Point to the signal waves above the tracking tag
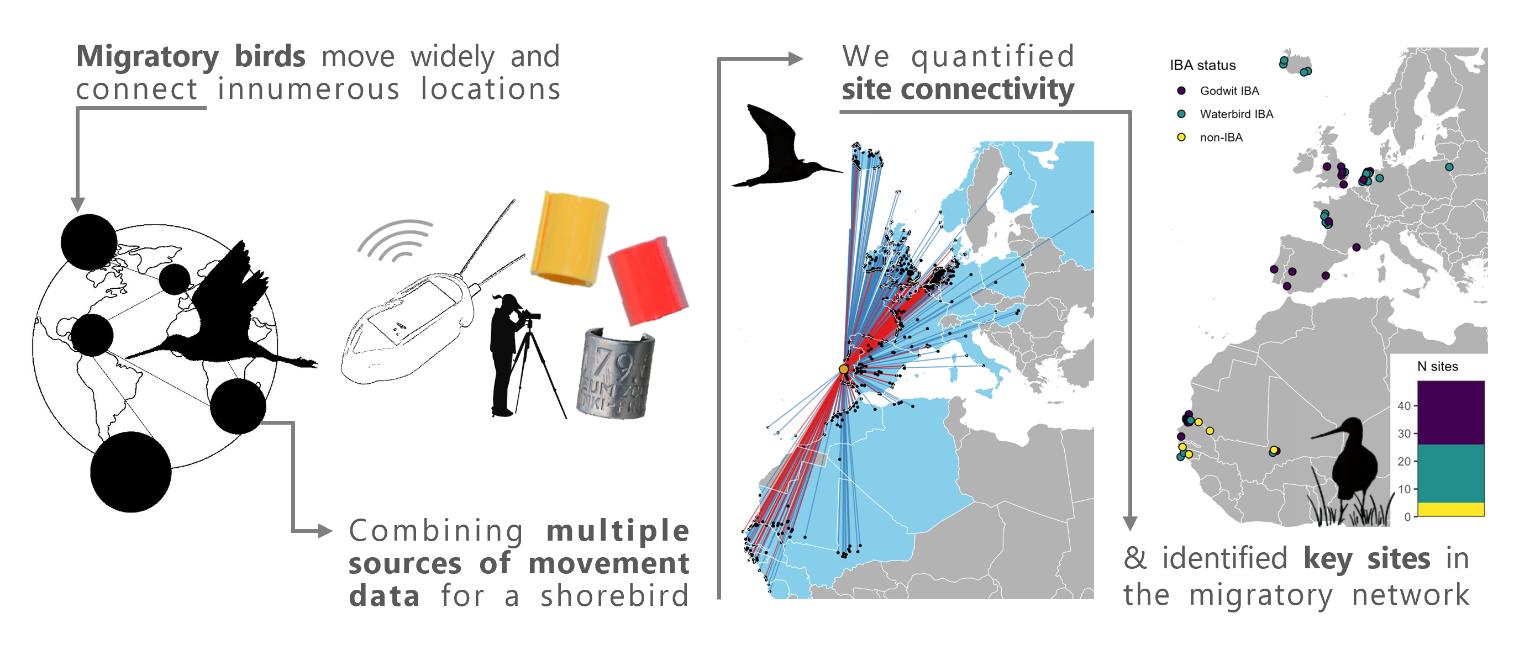click(x=396, y=241)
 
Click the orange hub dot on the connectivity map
click(x=843, y=370)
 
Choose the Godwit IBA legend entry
click(x=1229, y=91)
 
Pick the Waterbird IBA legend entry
click(x=1236, y=114)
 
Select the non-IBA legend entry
click(x=1221, y=138)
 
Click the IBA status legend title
click(x=1202, y=66)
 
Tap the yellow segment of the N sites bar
click(x=1450, y=509)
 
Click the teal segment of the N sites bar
click(x=1450, y=474)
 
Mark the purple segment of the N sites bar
click(x=1450, y=413)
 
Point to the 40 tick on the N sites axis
click(x=1404, y=406)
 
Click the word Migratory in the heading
click(x=147, y=57)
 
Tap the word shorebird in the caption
click(x=614, y=596)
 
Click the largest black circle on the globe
click(x=130, y=472)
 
